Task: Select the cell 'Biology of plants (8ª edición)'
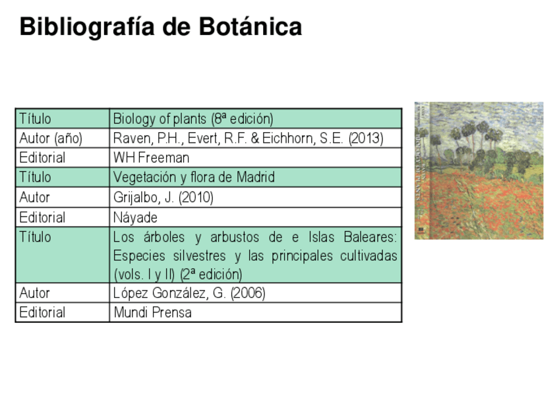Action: coord(193,119)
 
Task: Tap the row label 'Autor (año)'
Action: coord(51,139)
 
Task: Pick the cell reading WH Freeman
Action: coord(152,158)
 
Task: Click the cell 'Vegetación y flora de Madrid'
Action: coord(194,178)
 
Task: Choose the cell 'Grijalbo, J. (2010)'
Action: coord(163,197)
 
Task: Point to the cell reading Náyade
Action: coord(136,217)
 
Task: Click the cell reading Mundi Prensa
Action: coord(153,312)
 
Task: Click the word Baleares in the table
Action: coord(368,237)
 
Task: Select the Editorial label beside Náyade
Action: coord(42,217)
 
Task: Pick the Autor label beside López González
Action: coord(34,293)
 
